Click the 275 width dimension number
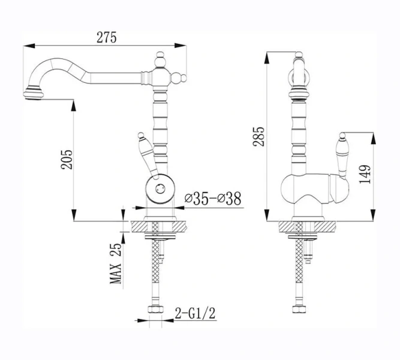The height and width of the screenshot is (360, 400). pos(106,38)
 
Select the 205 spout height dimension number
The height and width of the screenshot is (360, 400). pos(67,160)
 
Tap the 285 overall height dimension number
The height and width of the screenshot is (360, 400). pos(259,136)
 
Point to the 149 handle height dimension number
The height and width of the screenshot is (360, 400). pos(364,174)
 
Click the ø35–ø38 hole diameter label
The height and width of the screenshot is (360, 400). pos(213,199)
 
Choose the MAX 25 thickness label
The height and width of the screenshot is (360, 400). pos(116,263)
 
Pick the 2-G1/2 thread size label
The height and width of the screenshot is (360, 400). pos(195,313)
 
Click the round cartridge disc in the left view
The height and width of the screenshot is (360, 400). pos(160,189)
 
